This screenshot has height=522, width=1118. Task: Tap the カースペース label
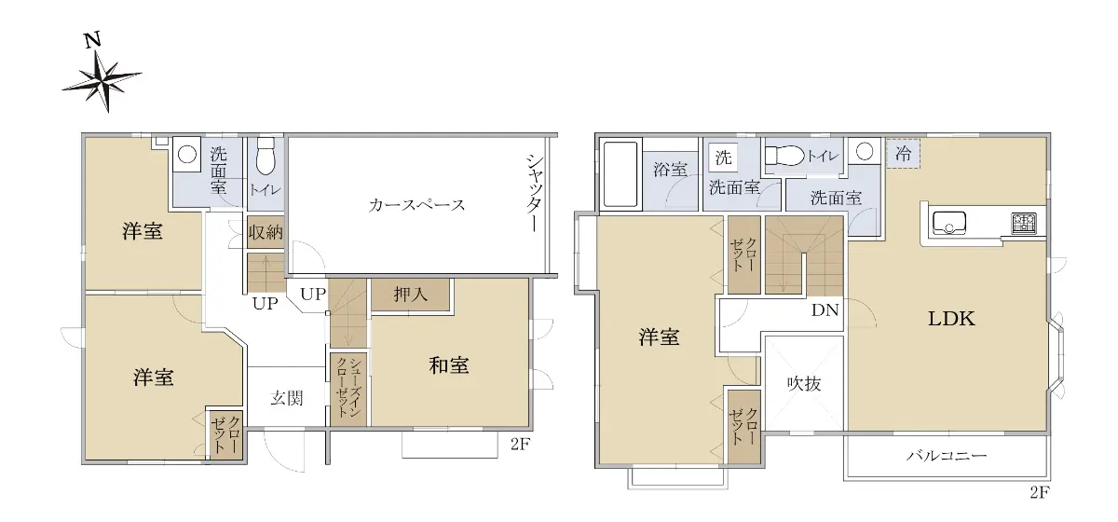click(416, 205)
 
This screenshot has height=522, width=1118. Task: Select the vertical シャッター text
click(535, 193)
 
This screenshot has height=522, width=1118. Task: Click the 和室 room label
click(449, 365)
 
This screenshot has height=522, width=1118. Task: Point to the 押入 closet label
click(410, 295)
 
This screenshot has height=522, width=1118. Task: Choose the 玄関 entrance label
click(287, 398)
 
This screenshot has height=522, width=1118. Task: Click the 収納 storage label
click(266, 232)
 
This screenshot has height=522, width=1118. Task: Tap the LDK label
click(951, 318)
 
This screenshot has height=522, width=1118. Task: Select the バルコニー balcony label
click(947, 456)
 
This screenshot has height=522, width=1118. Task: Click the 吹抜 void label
click(804, 383)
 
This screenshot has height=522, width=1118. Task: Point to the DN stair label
click(825, 309)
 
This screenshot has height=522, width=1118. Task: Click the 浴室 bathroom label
click(670, 170)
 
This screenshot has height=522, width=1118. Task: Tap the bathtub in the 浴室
click(620, 174)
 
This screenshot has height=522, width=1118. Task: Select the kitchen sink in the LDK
click(948, 223)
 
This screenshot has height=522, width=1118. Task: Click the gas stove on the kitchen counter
click(1024, 223)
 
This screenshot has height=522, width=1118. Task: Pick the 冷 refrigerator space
click(903, 154)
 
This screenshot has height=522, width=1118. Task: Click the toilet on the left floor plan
click(266, 156)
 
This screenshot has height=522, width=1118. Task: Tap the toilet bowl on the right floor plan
click(785, 156)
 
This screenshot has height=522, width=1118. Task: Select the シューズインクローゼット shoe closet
click(348, 390)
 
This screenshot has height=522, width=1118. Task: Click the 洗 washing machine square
click(723, 158)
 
